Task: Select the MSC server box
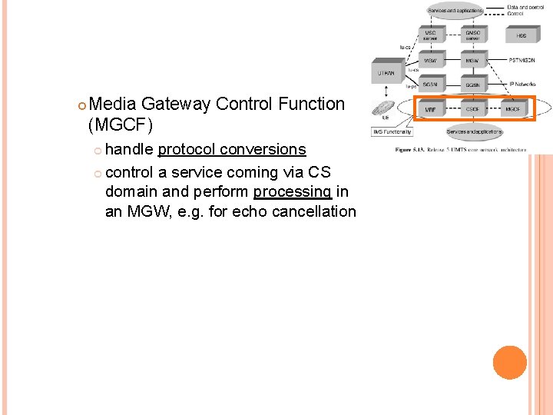point(431,35)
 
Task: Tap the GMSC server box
point(473,35)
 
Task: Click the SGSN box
point(431,85)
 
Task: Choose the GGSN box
point(473,85)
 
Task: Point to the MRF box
point(431,109)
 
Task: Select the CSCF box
point(473,109)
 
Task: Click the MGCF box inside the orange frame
point(513,109)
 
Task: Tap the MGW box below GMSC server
point(473,60)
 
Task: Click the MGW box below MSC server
point(431,60)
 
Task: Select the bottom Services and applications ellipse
point(474,132)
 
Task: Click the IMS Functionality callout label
point(392,132)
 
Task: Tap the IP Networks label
point(525,82)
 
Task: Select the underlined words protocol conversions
point(231,149)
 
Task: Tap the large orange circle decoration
point(510,363)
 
